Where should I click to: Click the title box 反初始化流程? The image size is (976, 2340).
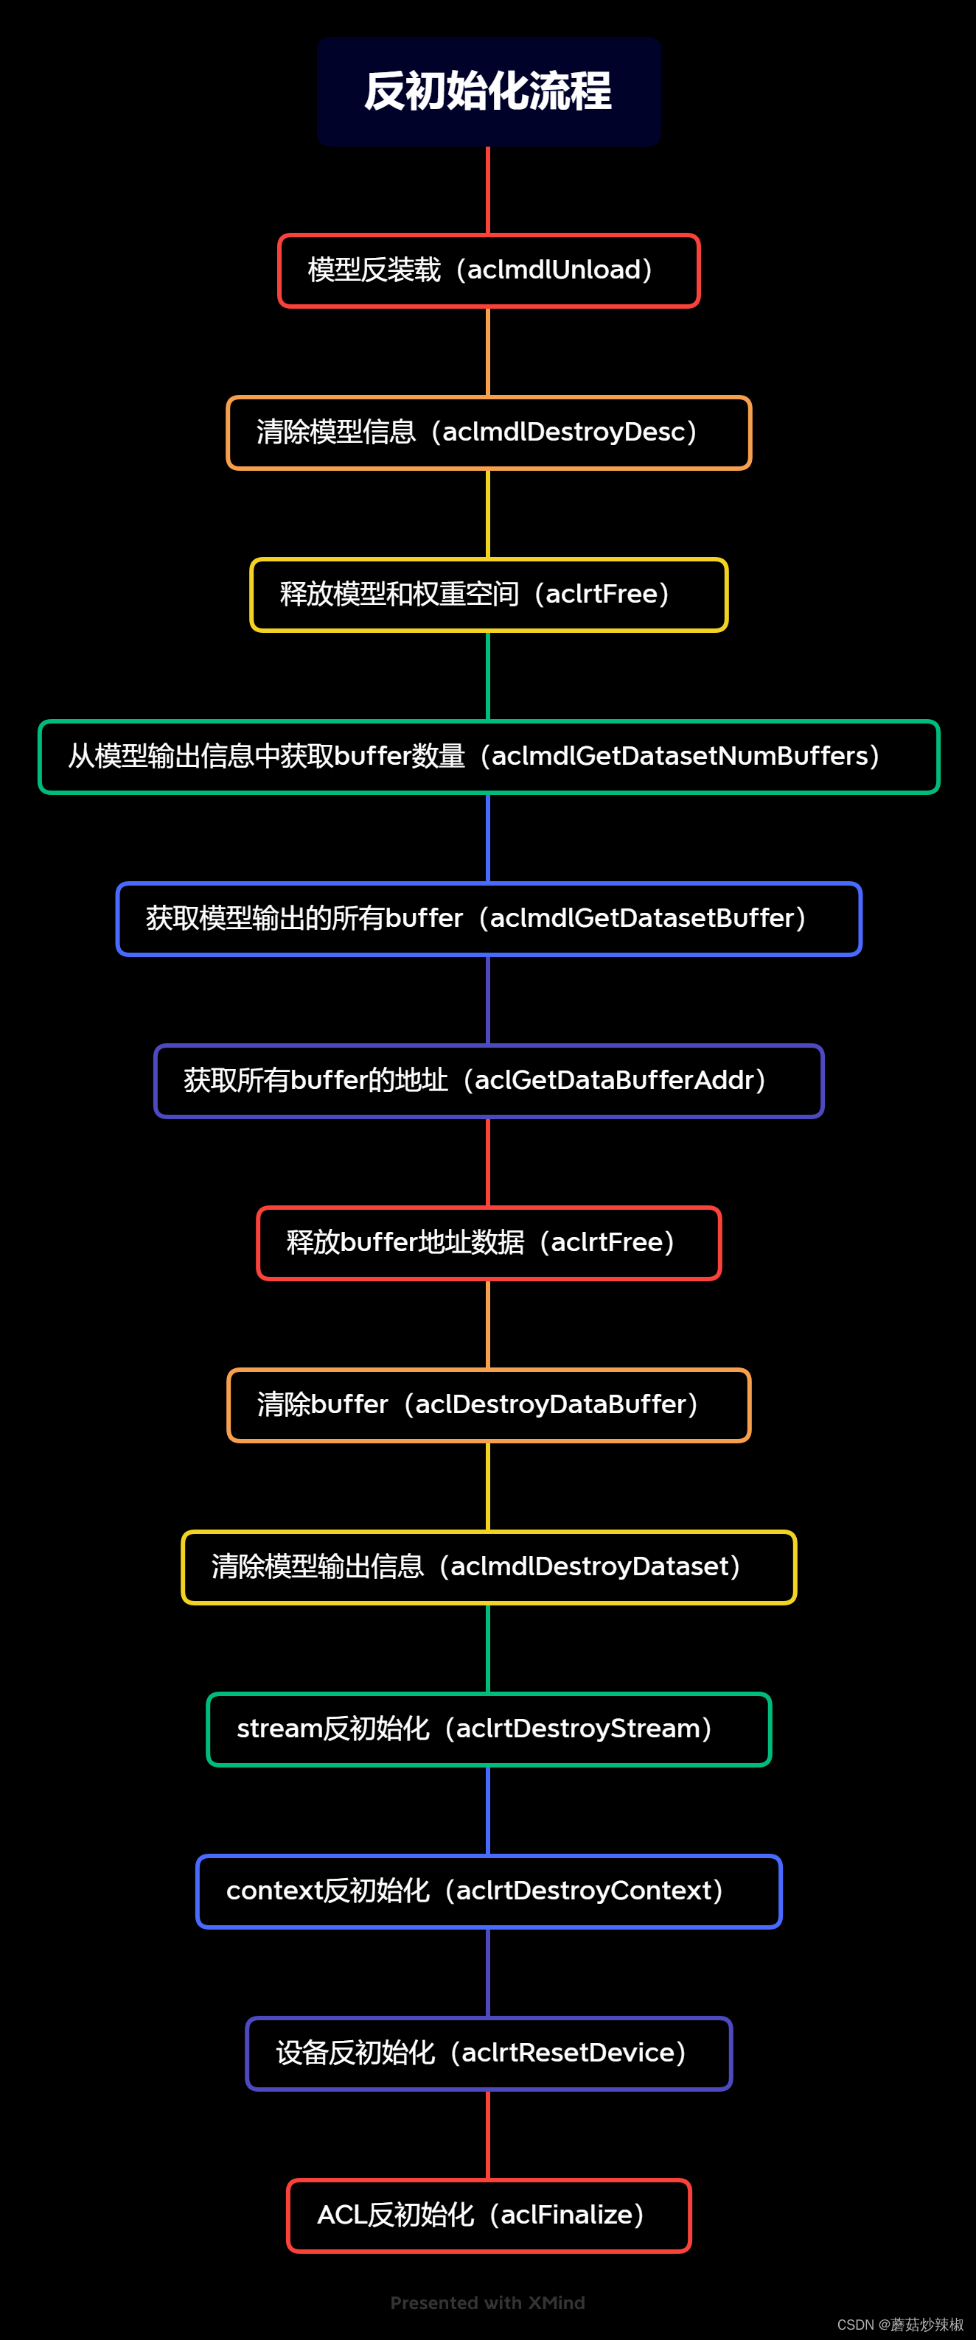pos(488,92)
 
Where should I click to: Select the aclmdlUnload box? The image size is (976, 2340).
pos(488,270)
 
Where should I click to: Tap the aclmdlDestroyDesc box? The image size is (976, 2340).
pos(488,432)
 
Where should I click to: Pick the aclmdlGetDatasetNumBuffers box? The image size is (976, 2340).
pos(488,757)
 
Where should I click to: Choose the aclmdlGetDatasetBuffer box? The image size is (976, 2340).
pos(488,918)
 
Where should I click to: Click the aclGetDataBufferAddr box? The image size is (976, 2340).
pos(488,1081)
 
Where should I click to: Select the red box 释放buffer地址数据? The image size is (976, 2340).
pos(488,1243)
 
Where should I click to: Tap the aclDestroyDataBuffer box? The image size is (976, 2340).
pos(488,1405)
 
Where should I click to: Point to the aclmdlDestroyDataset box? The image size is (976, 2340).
pos(488,1567)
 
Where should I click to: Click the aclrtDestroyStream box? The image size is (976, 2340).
pos(488,1729)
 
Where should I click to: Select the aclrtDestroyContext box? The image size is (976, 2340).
pos(488,1891)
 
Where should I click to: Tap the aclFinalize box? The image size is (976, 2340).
pos(488,2215)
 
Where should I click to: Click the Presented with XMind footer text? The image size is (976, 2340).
pos(487,2302)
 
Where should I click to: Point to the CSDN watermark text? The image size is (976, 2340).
pos(899,2325)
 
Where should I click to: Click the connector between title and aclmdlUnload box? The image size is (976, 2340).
pos(488,190)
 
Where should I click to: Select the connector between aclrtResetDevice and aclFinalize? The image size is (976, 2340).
pos(488,2134)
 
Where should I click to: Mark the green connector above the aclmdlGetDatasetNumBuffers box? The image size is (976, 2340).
pos(488,676)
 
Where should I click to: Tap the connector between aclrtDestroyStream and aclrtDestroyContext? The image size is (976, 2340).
pos(488,1810)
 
